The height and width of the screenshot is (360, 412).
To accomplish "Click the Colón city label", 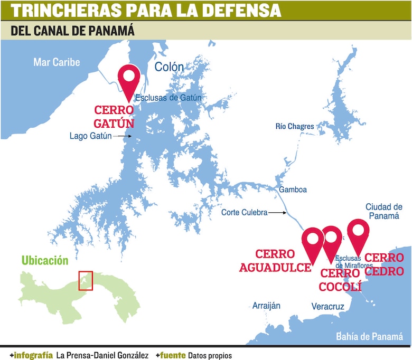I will (169, 67).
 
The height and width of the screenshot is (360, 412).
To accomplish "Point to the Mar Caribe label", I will (57, 62).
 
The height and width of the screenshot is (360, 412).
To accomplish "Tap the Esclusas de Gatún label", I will (168, 98).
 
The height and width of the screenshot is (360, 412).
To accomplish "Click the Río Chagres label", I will (295, 126).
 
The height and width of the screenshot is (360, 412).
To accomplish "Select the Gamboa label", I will (293, 190).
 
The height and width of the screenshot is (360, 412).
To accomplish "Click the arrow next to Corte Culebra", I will (278, 213).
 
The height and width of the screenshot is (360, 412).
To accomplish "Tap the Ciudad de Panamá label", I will (384, 212).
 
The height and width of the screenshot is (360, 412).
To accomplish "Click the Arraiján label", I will (266, 306).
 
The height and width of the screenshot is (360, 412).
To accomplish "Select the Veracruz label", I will (327, 306).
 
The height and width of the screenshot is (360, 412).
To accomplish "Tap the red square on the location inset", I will (85, 280).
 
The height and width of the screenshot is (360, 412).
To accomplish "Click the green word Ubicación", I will (45, 260).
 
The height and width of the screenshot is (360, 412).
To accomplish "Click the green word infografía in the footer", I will (33, 355).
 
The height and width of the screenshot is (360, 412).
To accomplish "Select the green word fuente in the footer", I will (173, 355).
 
